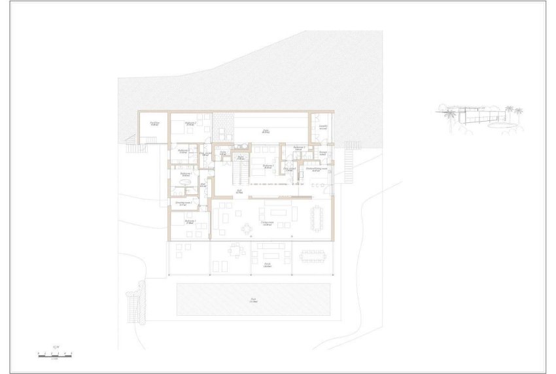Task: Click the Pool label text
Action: coord(252,300)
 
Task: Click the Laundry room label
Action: coord(322,127)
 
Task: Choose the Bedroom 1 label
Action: coord(190,222)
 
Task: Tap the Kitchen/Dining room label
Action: coord(317,169)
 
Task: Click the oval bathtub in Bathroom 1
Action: coord(187,185)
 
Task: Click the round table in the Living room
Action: coord(247,229)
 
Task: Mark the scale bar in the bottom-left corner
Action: coord(55,354)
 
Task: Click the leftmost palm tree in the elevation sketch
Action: coord(450,118)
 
